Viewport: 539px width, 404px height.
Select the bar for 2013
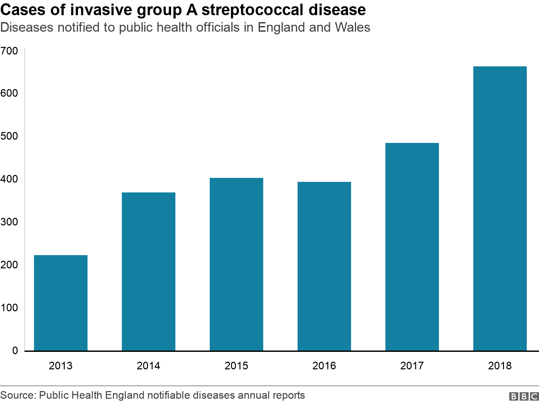click(x=61, y=303)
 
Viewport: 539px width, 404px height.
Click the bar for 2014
click(x=149, y=271)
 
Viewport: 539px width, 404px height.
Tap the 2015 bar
click(x=236, y=264)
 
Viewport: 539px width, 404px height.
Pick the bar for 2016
click(x=324, y=266)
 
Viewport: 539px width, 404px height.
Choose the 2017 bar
click(x=412, y=247)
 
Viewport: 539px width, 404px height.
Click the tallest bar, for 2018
click(x=500, y=208)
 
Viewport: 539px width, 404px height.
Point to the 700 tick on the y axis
click(x=9, y=51)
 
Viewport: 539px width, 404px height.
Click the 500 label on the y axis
click(x=9, y=136)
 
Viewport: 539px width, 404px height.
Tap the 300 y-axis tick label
click(x=9, y=222)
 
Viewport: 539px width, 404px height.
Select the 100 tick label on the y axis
click(x=9, y=308)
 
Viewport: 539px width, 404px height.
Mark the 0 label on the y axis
click(x=15, y=351)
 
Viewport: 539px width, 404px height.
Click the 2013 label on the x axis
click(x=61, y=366)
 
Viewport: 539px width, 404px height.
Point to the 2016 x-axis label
click(x=324, y=366)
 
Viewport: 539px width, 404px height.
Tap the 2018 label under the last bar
click(x=500, y=366)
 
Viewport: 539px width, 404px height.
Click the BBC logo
click(x=524, y=396)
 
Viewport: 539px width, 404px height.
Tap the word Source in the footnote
click(x=18, y=395)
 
